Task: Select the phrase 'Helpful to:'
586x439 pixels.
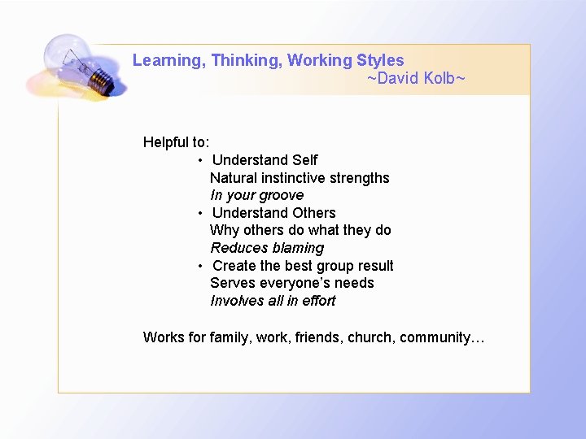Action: click(176, 142)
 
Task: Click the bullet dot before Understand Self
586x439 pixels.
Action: click(200, 160)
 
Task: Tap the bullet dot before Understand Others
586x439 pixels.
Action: click(200, 213)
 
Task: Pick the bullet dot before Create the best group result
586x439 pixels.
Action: click(200, 266)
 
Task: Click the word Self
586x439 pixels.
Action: click(304, 160)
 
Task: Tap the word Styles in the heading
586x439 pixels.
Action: click(380, 61)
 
